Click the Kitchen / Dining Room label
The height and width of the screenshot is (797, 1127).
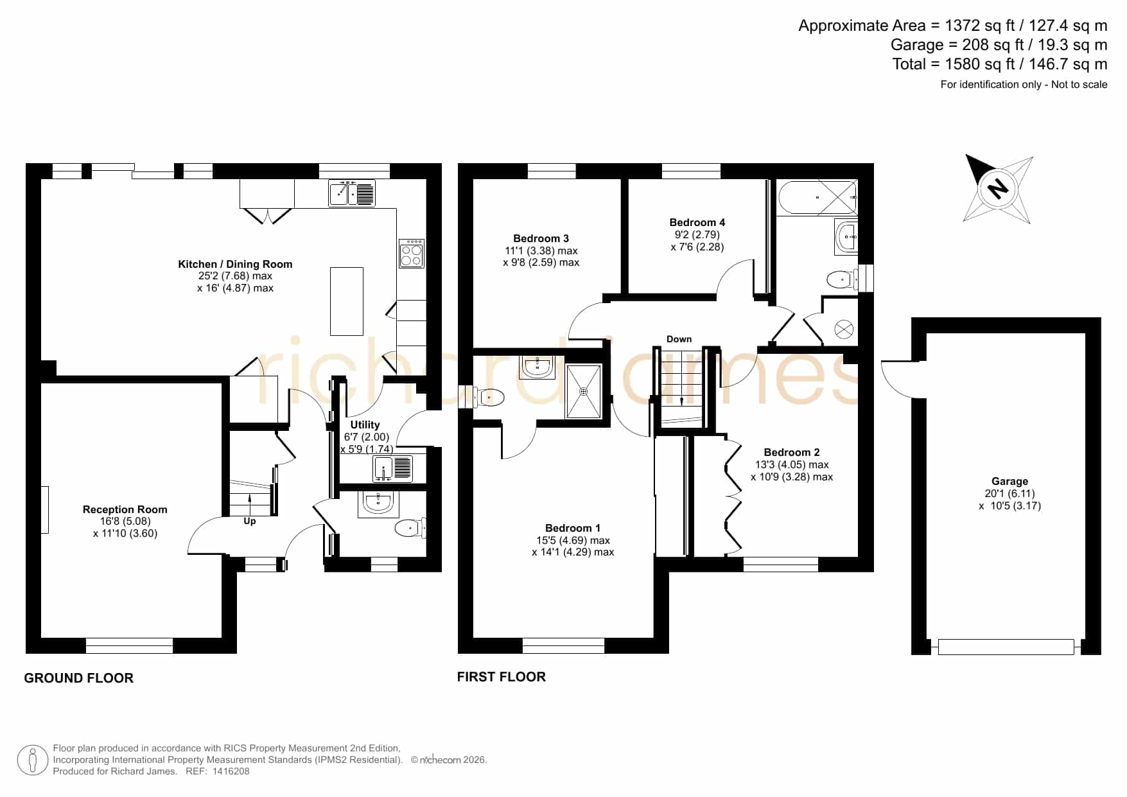[235, 264]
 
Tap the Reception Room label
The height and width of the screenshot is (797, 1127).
[125, 509]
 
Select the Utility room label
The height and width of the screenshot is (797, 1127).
[365, 425]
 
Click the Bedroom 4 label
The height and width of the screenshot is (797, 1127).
[697, 222]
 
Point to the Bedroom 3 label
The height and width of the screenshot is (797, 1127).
[541, 238]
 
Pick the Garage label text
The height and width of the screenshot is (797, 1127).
[1009, 481]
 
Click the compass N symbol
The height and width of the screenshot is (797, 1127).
[997, 189]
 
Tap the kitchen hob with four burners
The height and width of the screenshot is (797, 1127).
[412, 253]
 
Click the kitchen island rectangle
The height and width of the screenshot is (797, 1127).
[347, 301]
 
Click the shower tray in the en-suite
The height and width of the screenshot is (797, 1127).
[584, 391]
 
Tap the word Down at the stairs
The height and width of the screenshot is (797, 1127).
[679, 339]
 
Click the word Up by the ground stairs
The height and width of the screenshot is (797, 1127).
[250, 521]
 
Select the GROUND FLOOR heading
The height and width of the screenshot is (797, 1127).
[78, 678]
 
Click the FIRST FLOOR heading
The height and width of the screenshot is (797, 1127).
[502, 677]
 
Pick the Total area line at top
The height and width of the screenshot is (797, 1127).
[1000, 64]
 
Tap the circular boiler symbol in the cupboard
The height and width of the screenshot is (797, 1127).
[844, 330]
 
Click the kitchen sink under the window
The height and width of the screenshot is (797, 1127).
[352, 193]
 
